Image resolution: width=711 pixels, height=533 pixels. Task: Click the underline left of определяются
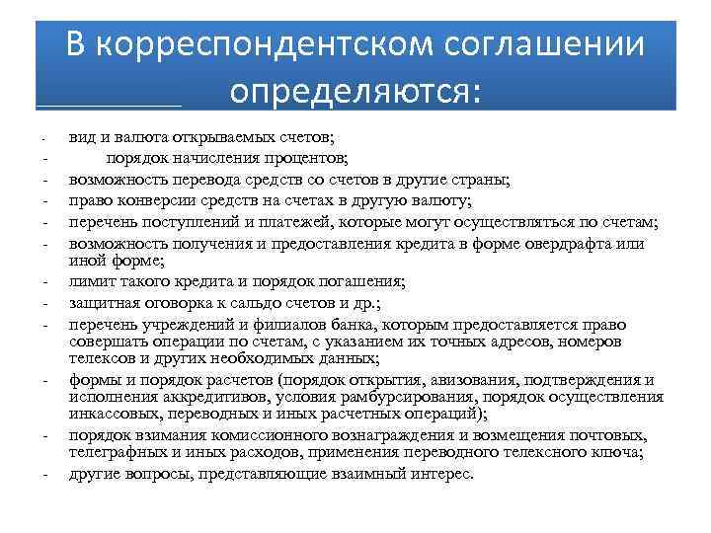[109, 104]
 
